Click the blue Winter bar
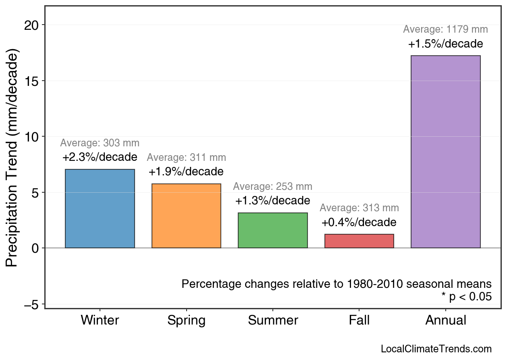click(x=100, y=208)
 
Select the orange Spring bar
click(x=186, y=216)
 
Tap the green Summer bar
click(x=273, y=230)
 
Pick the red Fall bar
click(x=359, y=241)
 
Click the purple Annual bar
click(x=445, y=152)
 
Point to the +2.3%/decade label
click(x=100, y=157)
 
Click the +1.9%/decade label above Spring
click(x=186, y=172)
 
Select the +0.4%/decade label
click(x=359, y=222)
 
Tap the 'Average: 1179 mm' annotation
click(x=445, y=29)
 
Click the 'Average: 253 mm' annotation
click(x=273, y=187)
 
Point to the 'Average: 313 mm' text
click(x=359, y=208)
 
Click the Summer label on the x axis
click(x=273, y=320)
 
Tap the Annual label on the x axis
click(x=445, y=320)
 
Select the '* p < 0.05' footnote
click(x=466, y=297)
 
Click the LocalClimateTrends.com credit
click(x=436, y=349)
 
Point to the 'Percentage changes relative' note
click(x=337, y=284)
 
